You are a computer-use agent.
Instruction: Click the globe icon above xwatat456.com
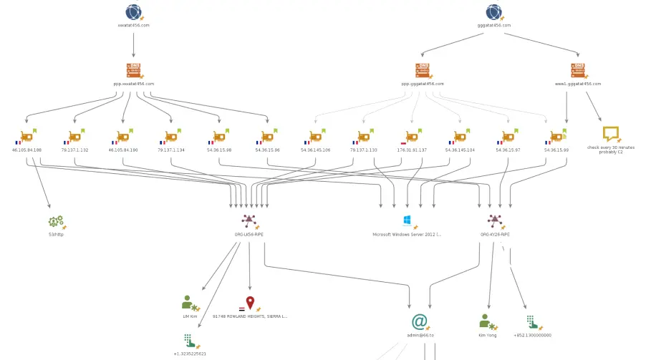pos(133,12)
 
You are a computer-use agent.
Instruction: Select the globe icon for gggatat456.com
pos(493,12)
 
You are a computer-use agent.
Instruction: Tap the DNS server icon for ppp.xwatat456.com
pos(133,70)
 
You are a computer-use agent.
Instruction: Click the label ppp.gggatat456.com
pos(423,84)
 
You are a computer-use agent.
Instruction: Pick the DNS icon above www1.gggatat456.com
pos(578,70)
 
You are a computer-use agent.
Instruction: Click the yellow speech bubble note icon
pos(610,134)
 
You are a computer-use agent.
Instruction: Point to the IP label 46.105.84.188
pos(28,150)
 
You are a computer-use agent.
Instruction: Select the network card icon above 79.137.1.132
pos(74,136)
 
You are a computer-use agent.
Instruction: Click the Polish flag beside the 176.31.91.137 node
pos(402,143)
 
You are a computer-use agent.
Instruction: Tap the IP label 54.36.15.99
pos(556,150)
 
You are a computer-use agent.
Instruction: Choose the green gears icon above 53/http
pos(56,222)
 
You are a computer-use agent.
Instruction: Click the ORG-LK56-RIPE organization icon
pos(249,221)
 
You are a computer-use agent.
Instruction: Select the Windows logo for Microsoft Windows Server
pos(408,221)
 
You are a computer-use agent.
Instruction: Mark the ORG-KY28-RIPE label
pos(495,234)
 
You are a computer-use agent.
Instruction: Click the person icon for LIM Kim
pos(189,303)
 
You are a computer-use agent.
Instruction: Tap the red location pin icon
pos(250,303)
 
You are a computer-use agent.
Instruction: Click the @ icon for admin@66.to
pos(420,322)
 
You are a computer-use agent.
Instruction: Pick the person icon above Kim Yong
pos(486,321)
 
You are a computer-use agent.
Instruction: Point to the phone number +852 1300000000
pos(532,335)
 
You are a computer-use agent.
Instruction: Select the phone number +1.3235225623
pos(190,354)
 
